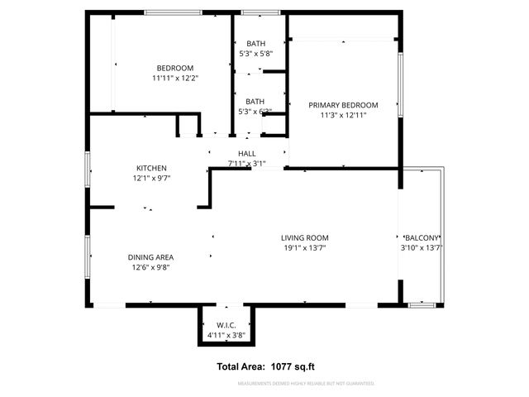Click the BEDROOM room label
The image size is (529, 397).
pyautogui.click(x=175, y=68)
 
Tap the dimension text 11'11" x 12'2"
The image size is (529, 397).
pyautogui.click(x=175, y=79)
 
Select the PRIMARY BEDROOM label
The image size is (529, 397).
pyautogui.click(x=343, y=105)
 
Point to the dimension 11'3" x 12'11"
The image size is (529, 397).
pyautogui.click(x=343, y=116)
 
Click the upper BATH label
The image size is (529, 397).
pyautogui.click(x=255, y=43)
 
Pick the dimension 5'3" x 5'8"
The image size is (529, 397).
pyautogui.click(x=255, y=54)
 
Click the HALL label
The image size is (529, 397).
pyautogui.click(x=246, y=153)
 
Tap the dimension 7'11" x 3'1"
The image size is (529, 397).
pyautogui.click(x=246, y=164)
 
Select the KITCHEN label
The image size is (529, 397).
pyautogui.click(x=151, y=168)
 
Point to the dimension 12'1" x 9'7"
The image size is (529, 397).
pyautogui.click(x=151, y=179)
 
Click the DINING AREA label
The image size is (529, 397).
pyautogui.click(x=150, y=256)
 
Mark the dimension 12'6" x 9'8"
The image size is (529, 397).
pyautogui.click(x=150, y=267)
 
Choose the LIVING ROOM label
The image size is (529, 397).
pyautogui.click(x=306, y=237)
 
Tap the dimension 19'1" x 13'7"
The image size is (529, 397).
pyautogui.click(x=306, y=248)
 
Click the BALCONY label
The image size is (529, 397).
pyautogui.click(x=422, y=237)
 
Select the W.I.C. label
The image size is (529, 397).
pyautogui.click(x=227, y=324)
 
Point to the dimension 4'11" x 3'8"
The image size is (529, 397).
pyautogui.click(x=227, y=335)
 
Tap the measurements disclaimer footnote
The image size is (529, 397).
pyautogui.click(x=306, y=384)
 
